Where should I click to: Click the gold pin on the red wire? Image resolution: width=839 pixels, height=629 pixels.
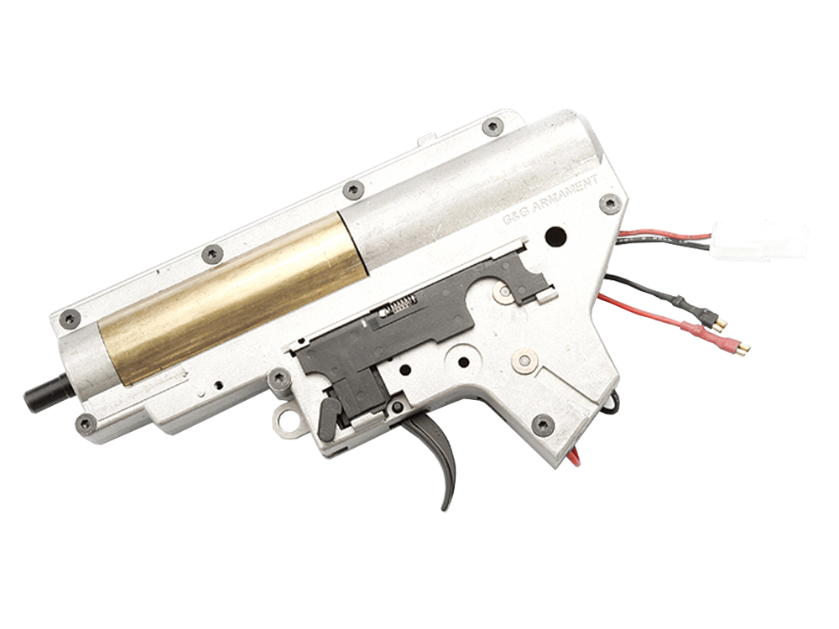pyautogui.click(x=737, y=345)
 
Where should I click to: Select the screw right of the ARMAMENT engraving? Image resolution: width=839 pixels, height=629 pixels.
pyautogui.click(x=612, y=201)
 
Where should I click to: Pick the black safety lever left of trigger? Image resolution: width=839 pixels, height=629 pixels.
pyautogui.click(x=331, y=414)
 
